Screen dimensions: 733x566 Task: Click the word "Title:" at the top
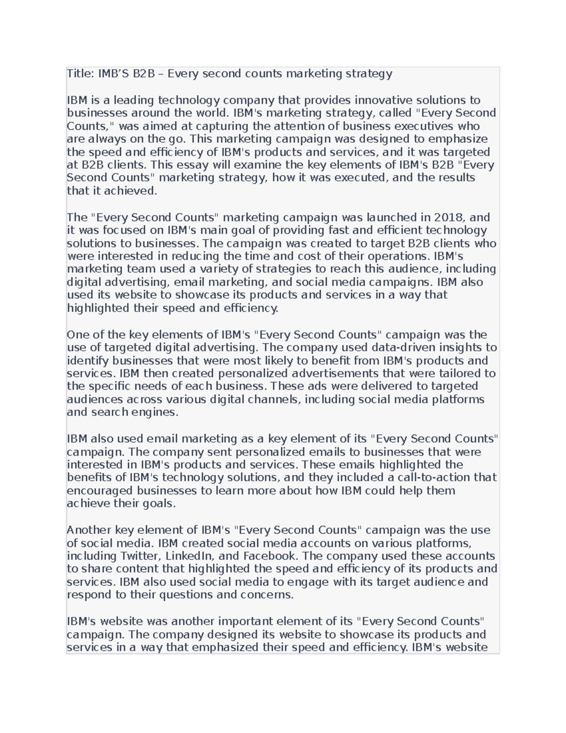point(81,74)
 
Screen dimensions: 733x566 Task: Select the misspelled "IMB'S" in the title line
point(114,74)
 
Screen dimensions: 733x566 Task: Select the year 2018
point(449,217)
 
